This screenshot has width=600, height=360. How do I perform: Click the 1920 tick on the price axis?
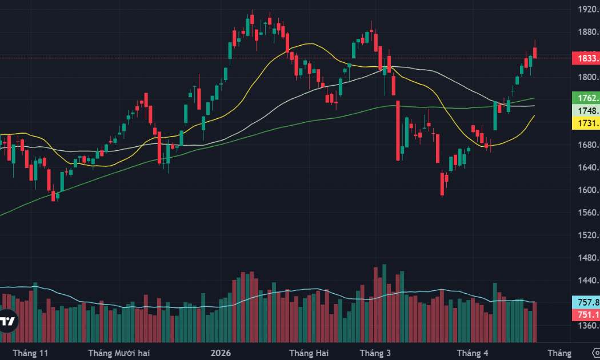coord(587,10)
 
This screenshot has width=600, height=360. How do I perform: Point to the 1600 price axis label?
coord(587,190)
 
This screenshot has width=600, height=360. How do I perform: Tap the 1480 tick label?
coord(587,258)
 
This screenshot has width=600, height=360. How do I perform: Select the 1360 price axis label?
coord(587,326)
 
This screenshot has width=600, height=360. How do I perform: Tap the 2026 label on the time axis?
coord(221,353)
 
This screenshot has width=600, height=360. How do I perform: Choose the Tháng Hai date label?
coord(309,353)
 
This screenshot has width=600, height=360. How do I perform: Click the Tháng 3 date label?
coord(375,353)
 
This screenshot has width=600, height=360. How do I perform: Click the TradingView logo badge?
coord(7,322)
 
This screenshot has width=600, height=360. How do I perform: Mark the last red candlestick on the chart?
coord(535,53)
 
